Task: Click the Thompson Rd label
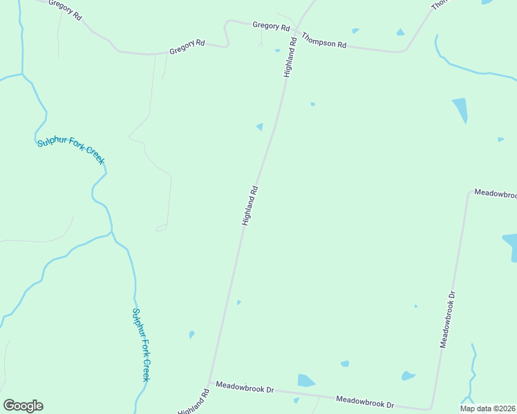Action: click(323, 43)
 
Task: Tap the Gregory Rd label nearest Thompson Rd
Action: click(271, 26)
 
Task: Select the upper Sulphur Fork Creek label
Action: click(70, 150)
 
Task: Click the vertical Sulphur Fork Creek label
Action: click(141, 344)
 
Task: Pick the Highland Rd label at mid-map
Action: click(250, 206)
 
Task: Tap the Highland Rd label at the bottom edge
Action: click(194, 402)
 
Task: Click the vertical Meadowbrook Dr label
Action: click(448, 319)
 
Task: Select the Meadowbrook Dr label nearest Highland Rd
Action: click(245, 388)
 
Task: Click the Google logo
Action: click(23, 406)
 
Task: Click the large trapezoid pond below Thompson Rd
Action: click(460, 110)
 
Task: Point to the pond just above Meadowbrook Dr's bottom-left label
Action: click(305, 381)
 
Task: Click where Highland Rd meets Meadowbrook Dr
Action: click(209, 382)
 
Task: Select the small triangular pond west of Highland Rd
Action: click(260, 126)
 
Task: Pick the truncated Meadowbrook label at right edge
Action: click(495, 195)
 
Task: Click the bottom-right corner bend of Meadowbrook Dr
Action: click(431, 409)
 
